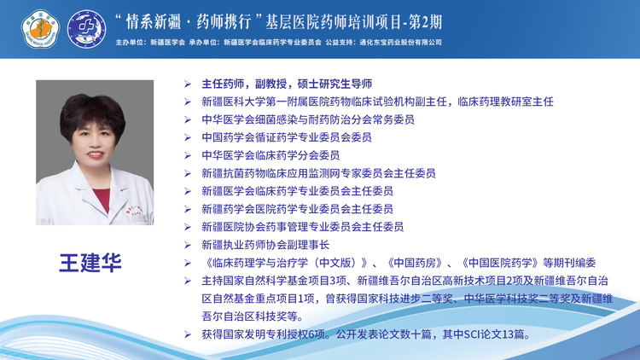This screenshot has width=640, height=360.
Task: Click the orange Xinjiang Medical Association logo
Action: tap(40, 29)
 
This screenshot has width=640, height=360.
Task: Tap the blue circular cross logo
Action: tap(86, 29)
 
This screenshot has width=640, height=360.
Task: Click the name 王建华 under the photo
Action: tap(90, 263)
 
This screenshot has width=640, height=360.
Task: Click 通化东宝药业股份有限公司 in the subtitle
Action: tap(400, 42)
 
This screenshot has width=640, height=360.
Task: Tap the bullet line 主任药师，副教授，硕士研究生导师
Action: tap(287, 84)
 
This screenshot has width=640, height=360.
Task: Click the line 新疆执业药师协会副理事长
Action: tap(265, 245)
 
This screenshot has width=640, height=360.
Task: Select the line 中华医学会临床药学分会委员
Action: tap(271, 155)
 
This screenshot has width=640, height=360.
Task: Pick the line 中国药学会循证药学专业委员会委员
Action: tap(287, 137)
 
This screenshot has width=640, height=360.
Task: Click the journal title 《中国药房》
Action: tap(414, 263)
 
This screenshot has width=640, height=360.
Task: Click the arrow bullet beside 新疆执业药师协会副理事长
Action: tap(188, 245)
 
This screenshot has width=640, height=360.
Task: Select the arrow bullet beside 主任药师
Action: tap(188, 84)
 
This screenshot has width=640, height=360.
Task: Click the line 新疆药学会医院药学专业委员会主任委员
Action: tap(297, 209)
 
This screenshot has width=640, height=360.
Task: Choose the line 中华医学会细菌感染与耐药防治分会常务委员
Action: tap(308, 119)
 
